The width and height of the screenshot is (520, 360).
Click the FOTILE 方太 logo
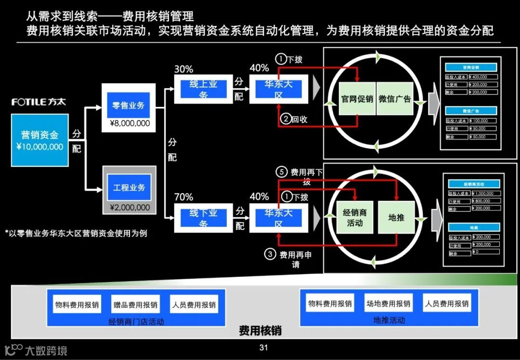pos(39,102)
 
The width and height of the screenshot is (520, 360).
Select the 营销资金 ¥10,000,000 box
pos(39,140)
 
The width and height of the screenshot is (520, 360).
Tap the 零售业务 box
pos(129,106)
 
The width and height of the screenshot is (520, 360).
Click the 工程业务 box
pos(129,187)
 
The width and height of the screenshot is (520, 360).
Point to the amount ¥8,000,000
pos(130,124)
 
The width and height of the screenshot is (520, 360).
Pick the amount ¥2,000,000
pos(130,207)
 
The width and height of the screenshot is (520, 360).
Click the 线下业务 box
pos(203,218)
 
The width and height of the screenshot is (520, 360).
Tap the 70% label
pos(183,197)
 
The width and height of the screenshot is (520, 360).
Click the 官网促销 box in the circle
pos(357,99)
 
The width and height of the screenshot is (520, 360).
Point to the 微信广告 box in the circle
pos(394,99)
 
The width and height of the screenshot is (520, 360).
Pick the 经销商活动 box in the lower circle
pos(355,218)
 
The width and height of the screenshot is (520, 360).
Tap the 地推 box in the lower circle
pos(396,218)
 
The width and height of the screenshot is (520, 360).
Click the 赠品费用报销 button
pos(135,305)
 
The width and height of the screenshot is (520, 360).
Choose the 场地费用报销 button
pos(388,303)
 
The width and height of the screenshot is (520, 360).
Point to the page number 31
pos(263,347)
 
